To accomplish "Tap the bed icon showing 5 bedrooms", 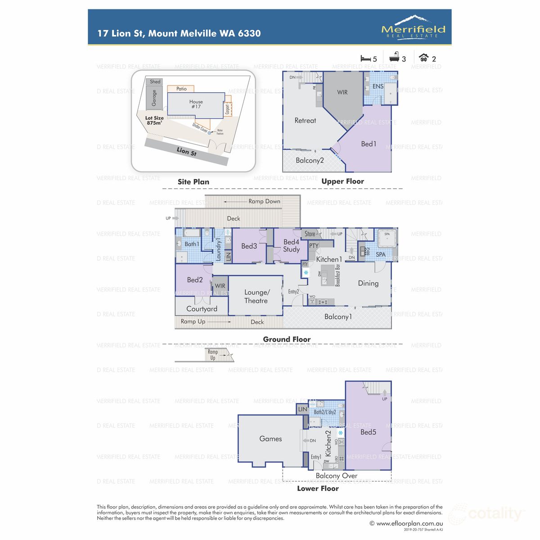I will (x=365, y=58).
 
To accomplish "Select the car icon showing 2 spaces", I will (x=423, y=58).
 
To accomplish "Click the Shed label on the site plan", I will (x=155, y=81).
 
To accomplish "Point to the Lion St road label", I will (x=186, y=152).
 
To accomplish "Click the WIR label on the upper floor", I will (x=342, y=92).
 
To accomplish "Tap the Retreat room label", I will (x=305, y=121).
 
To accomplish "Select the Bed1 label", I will (x=369, y=144).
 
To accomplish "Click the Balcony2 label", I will (x=310, y=160).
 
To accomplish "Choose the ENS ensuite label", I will (x=378, y=86).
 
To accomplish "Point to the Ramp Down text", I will (x=264, y=201).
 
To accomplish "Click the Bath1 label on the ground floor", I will (x=192, y=244).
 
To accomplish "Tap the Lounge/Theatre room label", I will (x=256, y=297).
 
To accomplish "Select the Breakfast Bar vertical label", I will (x=337, y=275).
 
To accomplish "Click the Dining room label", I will (x=368, y=283).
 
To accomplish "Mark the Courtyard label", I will (x=202, y=309).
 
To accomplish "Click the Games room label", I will (x=270, y=439).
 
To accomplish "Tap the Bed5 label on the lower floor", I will (x=368, y=432).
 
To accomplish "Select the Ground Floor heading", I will (x=287, y=339).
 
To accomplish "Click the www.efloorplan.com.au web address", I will (x=409, y=523).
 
